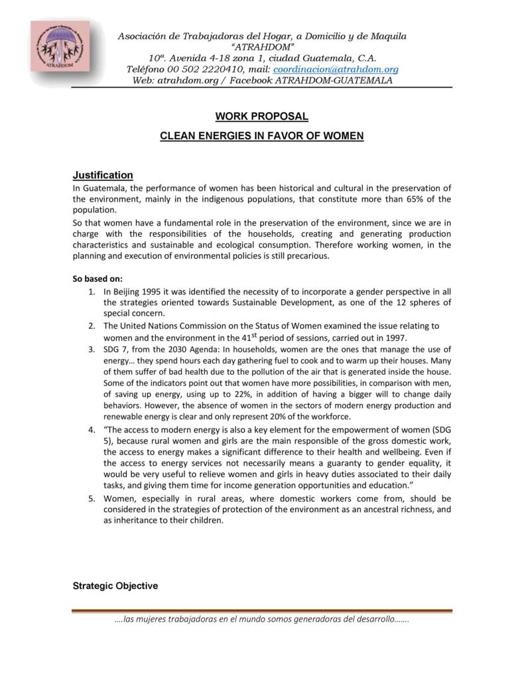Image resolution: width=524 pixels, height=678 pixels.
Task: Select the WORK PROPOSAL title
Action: pos(261,116)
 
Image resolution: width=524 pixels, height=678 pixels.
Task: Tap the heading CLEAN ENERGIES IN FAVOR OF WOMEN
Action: pos(261,136)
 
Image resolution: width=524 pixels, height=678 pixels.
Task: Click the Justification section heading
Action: pos(103,175)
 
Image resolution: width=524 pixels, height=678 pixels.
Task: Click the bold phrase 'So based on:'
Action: pos(98,279)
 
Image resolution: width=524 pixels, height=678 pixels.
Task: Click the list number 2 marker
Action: pos(91,326)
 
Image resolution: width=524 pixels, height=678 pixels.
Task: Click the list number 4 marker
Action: pos(91,429)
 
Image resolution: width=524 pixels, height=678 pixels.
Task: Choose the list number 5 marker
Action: pos(91,498)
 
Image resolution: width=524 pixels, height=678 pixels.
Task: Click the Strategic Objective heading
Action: pos(115,586)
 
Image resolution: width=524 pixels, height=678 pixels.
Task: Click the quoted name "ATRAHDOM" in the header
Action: pos(261,46)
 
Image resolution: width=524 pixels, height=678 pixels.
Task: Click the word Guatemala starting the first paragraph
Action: pos(103,188)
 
